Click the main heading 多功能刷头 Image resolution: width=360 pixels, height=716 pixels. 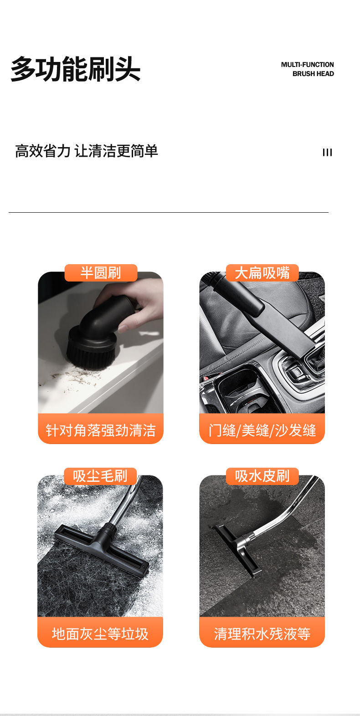(76, 69)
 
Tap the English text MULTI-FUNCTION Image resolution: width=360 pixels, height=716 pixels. (307, 65)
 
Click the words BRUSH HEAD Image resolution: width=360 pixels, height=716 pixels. (313, 74)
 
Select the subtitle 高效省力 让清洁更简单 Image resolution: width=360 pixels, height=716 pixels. (87, 151)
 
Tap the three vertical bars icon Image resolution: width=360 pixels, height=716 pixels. (327, 153)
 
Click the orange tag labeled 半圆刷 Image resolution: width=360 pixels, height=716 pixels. (101, 273)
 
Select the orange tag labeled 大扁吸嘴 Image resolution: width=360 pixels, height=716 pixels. (262, 273)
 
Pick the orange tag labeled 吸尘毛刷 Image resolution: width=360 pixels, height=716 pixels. (100, 476)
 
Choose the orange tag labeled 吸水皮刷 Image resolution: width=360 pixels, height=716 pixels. (262, 476)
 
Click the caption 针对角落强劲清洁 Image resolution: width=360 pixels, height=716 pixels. (101, 430)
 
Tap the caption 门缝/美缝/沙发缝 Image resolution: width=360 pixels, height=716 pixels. (262, 430)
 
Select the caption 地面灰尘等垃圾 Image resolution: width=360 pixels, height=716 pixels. (100, 634)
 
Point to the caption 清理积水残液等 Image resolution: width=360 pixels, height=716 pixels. (262, 634)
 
